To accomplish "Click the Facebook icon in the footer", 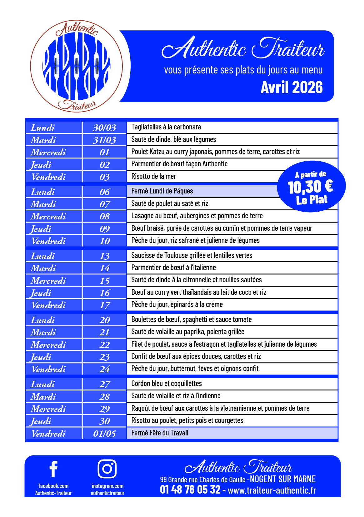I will coord(53,469).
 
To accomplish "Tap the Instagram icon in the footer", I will coord(107,469).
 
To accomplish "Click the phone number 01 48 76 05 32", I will coord(190,489).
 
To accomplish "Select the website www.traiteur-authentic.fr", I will coord(272,490).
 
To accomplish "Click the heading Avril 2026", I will coord(292,88).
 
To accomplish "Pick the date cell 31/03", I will coord(104,140).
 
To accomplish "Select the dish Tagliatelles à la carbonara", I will coord(166,127).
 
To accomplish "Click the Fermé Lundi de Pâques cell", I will coord(162,191).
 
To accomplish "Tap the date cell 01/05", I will coord(104,434).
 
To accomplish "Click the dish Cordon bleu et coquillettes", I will coord(167,384).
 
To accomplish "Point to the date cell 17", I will coord(105,305).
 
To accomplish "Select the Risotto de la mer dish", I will coord(154,176).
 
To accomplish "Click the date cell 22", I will coord(104,345).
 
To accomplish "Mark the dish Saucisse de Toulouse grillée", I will coord(192,255).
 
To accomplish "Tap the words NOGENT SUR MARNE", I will coord(283,479).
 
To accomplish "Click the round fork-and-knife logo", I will coord(77,66).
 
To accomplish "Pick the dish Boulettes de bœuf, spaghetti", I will coord(191,319).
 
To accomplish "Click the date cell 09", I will coord(105,229).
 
